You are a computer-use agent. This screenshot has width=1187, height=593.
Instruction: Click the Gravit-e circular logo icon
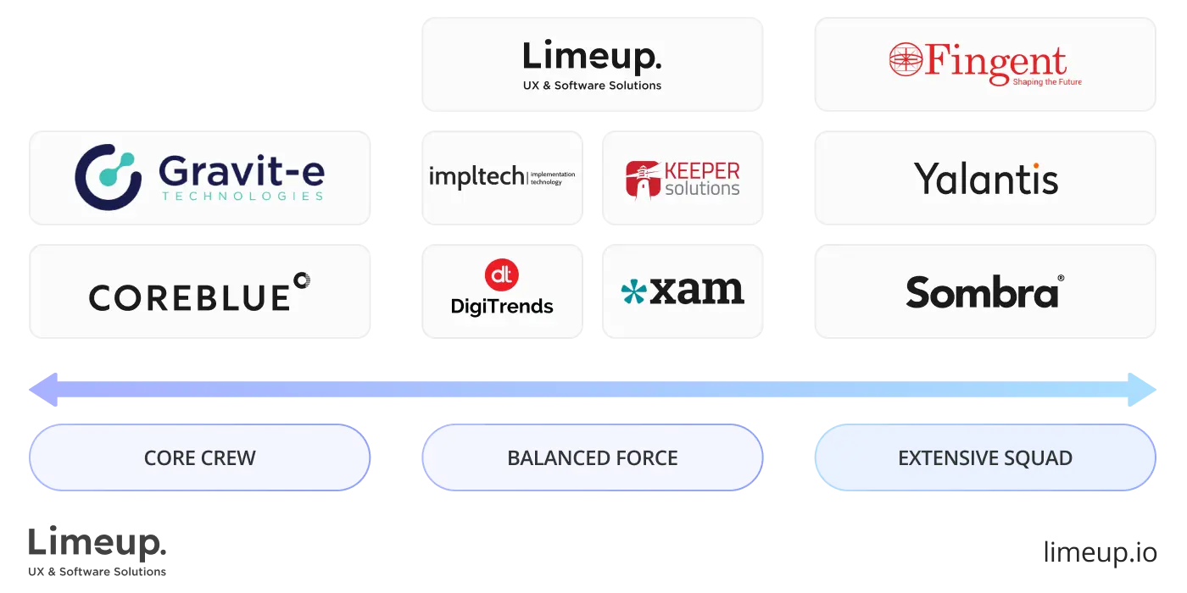108,176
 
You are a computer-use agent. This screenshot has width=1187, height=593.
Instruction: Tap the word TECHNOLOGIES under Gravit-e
242,197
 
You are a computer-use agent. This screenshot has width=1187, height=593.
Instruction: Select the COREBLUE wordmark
189,297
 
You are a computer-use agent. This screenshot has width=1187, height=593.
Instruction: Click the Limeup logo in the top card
591,57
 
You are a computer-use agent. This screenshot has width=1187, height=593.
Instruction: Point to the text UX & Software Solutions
592,86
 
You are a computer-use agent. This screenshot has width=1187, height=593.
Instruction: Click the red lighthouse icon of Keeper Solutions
641,179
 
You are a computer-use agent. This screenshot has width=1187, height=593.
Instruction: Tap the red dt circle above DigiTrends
501,274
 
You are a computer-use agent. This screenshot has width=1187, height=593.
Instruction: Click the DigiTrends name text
501,307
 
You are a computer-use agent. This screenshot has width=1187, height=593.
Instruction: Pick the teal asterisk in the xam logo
633,292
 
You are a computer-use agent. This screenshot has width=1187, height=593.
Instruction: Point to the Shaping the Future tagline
1047,82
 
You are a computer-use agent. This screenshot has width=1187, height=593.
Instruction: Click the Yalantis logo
986,179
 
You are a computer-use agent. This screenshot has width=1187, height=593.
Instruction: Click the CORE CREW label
199,458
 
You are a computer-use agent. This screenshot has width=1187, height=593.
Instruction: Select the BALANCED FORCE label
592,458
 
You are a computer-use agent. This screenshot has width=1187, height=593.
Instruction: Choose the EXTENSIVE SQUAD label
985,458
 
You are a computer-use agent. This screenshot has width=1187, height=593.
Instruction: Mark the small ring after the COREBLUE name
301,280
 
